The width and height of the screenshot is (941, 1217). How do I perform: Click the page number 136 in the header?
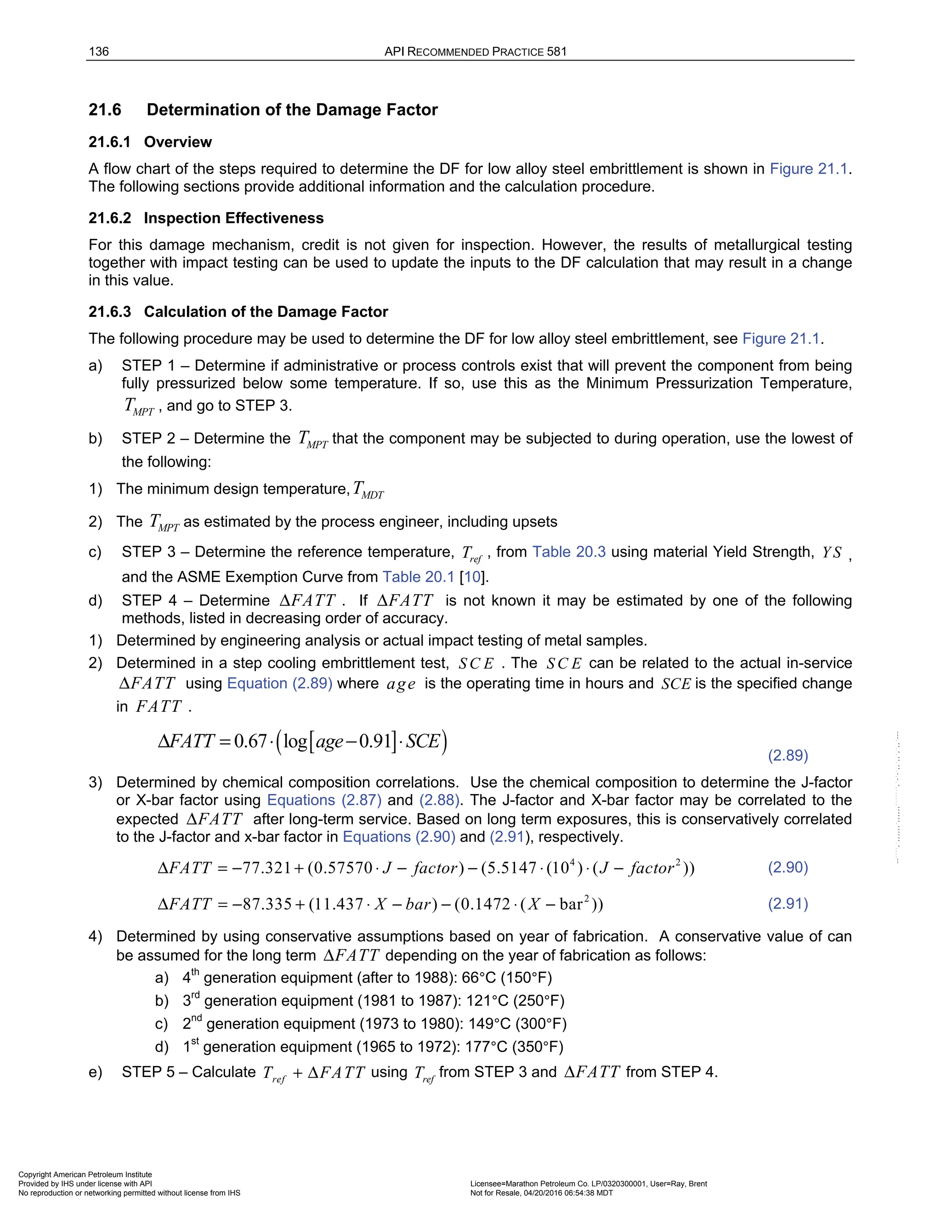[99, 52]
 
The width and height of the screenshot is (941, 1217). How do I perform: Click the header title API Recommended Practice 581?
[475, 52]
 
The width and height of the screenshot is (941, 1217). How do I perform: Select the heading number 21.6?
[105, 110]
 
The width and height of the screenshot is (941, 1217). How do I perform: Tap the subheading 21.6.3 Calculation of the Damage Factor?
[238, 311]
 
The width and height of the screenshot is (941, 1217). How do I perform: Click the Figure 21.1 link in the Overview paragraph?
[810, 169]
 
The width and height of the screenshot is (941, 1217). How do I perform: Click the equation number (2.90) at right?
[788, 867]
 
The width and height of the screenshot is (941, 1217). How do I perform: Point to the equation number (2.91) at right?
[788, 903]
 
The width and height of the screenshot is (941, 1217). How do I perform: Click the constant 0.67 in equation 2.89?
[250, 742]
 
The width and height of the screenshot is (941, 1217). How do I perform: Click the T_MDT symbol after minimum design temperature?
[368, 490]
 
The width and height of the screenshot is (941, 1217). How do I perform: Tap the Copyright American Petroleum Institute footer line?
[85, 1175]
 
